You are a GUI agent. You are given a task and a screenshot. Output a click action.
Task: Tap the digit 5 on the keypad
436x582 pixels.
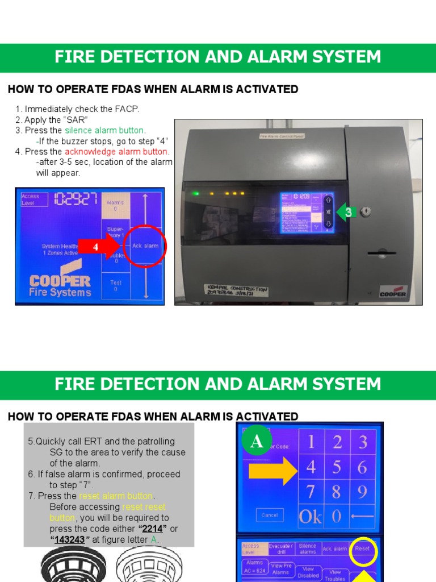pyautogui.click(x=337, y=468)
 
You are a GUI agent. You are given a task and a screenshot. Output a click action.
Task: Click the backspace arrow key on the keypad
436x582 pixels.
pyautogui.click(x=362, y=516)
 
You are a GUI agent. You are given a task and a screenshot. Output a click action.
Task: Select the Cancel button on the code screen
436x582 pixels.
pyautogui.click(x=269, y=515)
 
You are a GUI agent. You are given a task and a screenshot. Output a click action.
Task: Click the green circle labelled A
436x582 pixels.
pyautogui.click(x=257, y=442)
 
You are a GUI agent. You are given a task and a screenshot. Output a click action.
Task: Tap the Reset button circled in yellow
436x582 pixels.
pyautogui.click(x=362, y=549)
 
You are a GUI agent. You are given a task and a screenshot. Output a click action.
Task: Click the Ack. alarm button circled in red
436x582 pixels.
pyautogui.click(x=145, y=246)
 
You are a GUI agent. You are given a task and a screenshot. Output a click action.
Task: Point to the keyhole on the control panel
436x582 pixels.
pyautogui.click(x=367, y=212)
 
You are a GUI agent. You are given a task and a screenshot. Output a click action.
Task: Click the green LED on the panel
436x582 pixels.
pyautogui.click(x=196, y=194)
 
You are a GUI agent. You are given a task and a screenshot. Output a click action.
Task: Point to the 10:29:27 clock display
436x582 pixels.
pyautogui.click(x=76, y=199)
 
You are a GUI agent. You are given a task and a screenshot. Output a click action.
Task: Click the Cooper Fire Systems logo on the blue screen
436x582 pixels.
pyautogui.click(x=60, y=286)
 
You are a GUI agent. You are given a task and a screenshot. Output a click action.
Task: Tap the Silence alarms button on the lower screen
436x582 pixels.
pyautogui.click(x=307, y=548)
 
